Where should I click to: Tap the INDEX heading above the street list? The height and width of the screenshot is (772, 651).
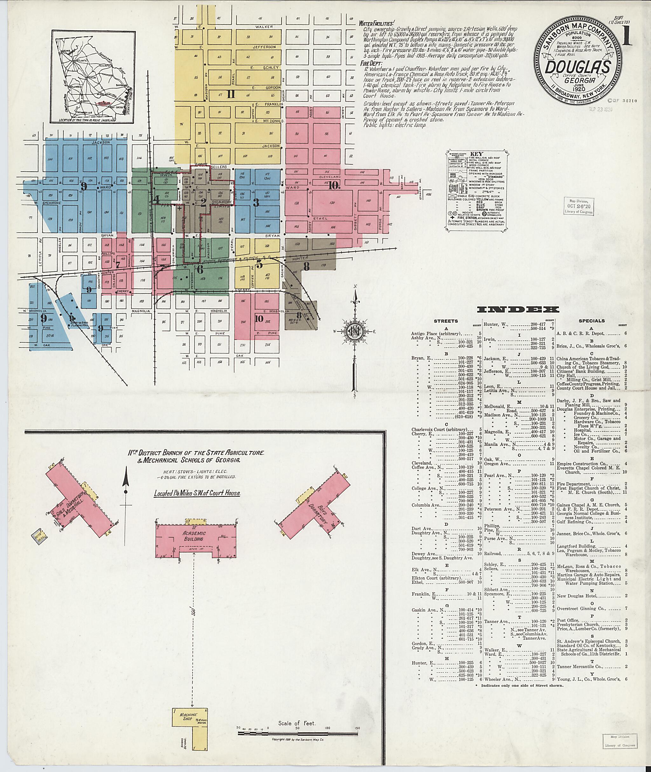(518, 310)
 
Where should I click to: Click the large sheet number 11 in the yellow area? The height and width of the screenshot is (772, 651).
(231, 94)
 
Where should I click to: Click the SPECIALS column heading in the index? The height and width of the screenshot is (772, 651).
(592, 321)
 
